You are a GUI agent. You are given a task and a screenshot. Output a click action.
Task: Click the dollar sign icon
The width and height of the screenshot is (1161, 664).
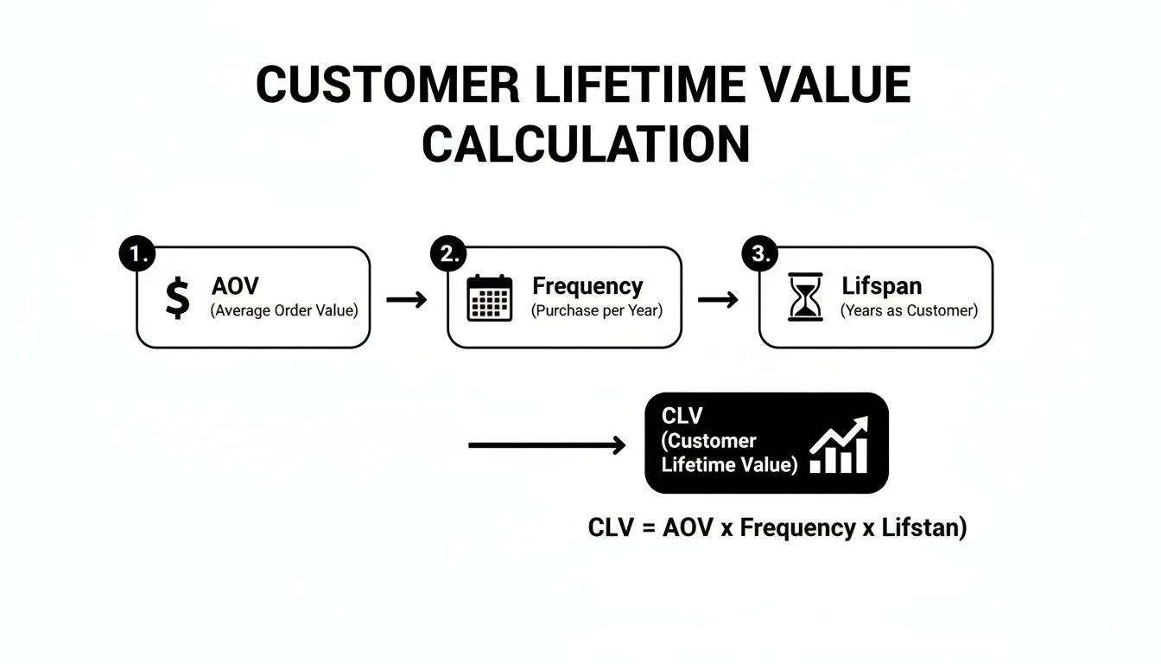177,298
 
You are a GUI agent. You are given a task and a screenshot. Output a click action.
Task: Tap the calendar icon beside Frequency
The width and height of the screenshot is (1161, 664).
489,298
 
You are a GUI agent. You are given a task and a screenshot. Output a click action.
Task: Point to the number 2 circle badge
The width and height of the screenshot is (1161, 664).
449,252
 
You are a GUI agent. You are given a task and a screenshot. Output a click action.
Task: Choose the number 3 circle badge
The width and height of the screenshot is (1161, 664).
761,252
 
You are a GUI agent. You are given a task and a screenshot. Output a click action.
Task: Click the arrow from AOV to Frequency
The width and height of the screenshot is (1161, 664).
407,300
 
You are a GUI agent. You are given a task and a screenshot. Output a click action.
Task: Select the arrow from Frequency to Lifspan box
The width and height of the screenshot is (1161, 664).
718,300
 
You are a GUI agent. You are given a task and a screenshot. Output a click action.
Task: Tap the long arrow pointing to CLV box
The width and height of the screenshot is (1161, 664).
547,446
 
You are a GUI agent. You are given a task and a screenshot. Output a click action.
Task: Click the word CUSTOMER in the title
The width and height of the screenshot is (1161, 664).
388,86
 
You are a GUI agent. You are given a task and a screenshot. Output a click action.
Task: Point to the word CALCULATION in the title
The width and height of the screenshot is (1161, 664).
585,144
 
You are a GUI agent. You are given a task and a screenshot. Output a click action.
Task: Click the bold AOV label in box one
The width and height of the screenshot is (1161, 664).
235,287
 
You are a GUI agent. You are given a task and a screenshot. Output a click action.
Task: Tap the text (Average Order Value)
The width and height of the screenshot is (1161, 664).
283,310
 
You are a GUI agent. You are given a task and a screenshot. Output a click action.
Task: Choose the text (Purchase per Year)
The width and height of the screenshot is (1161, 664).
597,310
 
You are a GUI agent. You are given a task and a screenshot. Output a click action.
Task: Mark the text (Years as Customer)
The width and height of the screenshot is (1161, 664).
910,310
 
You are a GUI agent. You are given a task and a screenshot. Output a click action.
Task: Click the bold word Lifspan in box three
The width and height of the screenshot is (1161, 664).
881,287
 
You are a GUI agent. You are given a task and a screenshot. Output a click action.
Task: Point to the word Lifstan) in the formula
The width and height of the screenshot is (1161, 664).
924,528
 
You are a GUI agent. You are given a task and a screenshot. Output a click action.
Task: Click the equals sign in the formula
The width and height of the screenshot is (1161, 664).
646,528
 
